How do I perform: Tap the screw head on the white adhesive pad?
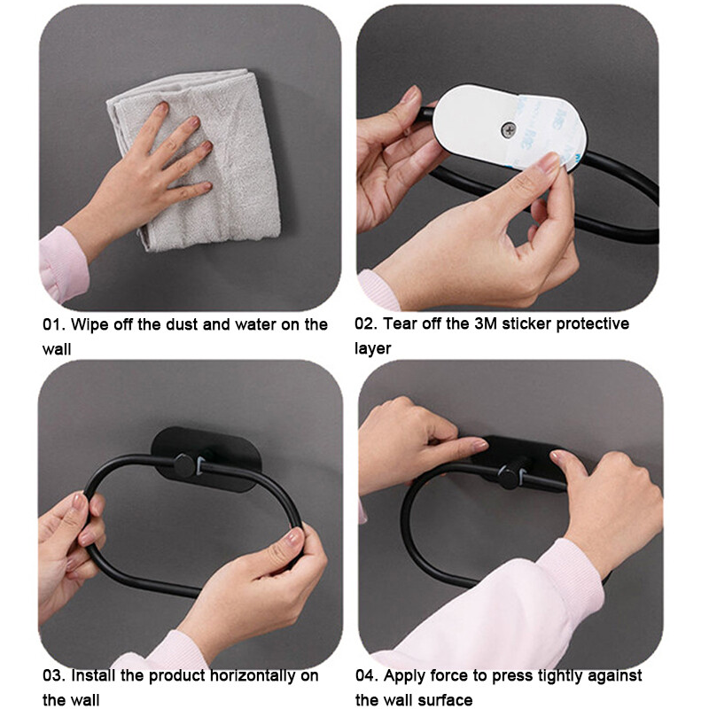tap(509, 130)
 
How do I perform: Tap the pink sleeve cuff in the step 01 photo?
tap(63, 264)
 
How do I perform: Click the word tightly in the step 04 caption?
tap(563, 676)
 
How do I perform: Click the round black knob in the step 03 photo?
tap(184, 466)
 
